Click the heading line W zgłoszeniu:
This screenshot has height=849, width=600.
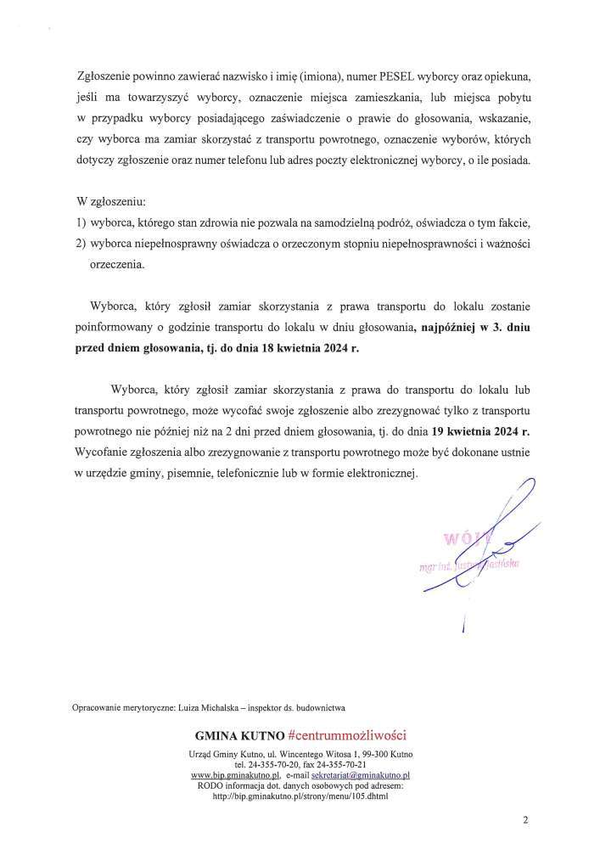point(111,203)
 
